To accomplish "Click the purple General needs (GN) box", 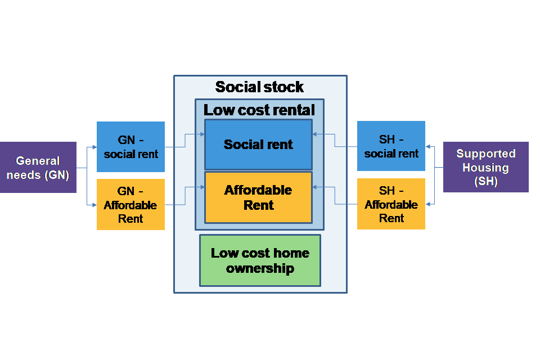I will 38,167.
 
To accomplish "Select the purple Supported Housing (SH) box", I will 485,167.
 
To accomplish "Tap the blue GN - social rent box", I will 130,146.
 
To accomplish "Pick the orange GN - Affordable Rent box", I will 130,204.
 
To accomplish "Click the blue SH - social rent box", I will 391,146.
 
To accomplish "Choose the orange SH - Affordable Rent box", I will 391,204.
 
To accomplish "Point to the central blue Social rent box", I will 258,145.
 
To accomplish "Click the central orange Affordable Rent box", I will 258,197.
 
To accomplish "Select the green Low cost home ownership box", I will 260,260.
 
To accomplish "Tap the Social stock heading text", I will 259,87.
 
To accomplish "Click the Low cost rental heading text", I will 259,110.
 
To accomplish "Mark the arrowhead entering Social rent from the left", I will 202,134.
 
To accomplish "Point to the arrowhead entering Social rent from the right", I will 315,134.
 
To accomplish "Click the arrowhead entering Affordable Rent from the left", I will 202,186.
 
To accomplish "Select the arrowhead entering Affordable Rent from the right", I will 315,186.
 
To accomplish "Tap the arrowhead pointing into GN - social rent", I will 94,147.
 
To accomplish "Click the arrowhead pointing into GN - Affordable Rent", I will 94,205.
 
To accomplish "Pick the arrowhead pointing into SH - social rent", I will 428,147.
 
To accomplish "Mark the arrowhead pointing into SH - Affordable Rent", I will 428,205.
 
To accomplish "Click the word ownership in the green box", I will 260,268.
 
